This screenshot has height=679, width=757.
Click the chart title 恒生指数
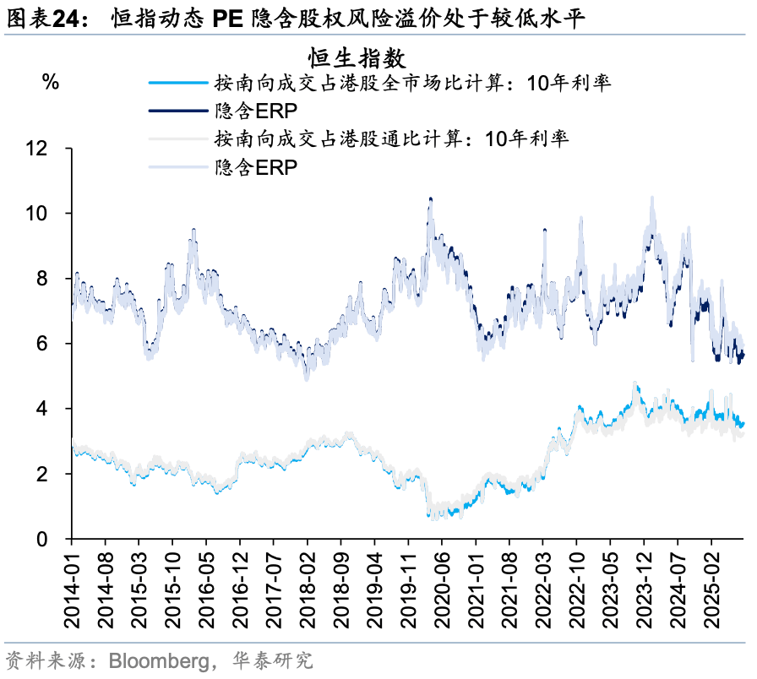357,58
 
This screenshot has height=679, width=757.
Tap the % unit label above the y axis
51,82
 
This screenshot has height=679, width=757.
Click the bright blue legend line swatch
177,83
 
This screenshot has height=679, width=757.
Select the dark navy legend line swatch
177,111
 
